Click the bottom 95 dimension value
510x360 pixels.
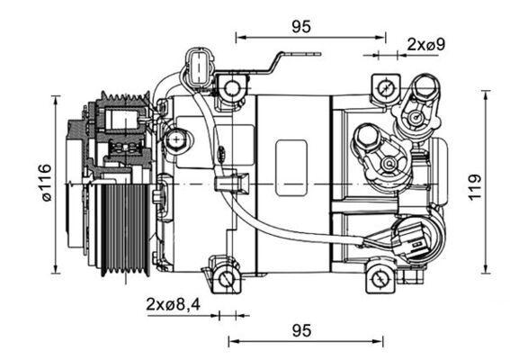click(x=302, y=330)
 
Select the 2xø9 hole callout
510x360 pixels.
click(x=427, y=43)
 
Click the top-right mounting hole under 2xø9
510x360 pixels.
click(x=385, y=88)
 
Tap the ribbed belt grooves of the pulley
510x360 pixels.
click(x=121, y=229)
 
